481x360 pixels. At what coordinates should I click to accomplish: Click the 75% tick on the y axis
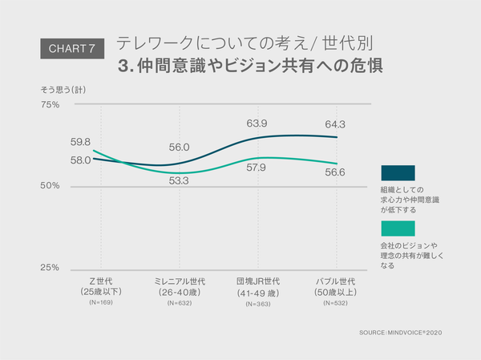50,104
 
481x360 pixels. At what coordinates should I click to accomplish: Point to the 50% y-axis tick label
50,186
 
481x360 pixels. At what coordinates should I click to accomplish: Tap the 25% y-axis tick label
50,268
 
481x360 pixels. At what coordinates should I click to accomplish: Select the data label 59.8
80,142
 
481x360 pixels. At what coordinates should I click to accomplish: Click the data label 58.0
80,160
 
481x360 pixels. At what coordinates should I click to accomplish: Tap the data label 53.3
180,181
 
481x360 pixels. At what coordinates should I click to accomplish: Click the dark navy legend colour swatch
398,172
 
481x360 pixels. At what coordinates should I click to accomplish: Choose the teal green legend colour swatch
398,229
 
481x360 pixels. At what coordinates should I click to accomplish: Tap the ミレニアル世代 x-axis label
180,282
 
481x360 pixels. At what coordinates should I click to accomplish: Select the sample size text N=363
257,303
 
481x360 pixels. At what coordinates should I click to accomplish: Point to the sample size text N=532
335,303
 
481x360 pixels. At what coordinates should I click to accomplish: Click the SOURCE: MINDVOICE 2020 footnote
401,332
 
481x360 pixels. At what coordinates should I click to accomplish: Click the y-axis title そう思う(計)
63,89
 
